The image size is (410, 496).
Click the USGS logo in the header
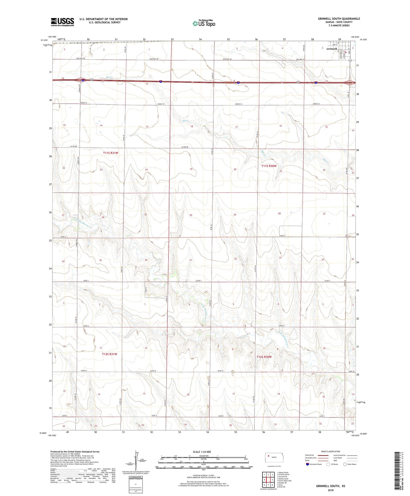click(x=62, y=22)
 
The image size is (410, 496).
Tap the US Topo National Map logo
click(x=204, y=23)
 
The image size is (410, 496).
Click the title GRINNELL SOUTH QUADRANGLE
click(x=339, y=19)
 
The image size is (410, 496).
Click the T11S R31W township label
click(x=110, y=153)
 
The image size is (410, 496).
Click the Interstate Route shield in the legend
click(x=308, y=464)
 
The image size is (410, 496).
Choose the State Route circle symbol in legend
click(x=345, y=464)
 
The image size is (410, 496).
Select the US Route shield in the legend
click(x=329, y=464)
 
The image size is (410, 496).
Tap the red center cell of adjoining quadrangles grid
click(x=268, y=480)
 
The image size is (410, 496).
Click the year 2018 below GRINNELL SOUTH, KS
click(x=331, y=490)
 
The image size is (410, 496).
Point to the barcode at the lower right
click(x=397, y=472)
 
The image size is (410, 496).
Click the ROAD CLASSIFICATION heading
click(x=331, y=451)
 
